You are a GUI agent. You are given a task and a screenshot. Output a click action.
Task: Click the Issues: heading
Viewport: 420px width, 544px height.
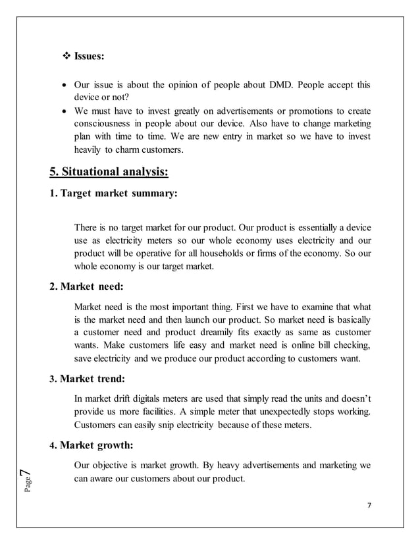pyautogui.click(x=88, y=57)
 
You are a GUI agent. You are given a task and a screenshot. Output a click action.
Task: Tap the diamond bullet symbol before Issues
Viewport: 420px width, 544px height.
pyautogui.click(x=65, y=57)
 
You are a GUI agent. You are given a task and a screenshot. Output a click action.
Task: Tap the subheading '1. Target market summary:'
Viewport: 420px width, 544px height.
pyautogui.click(x=113, y=194)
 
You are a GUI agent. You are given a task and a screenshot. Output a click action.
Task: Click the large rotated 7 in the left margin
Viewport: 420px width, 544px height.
pyautogui.click(x=23, y=473)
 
